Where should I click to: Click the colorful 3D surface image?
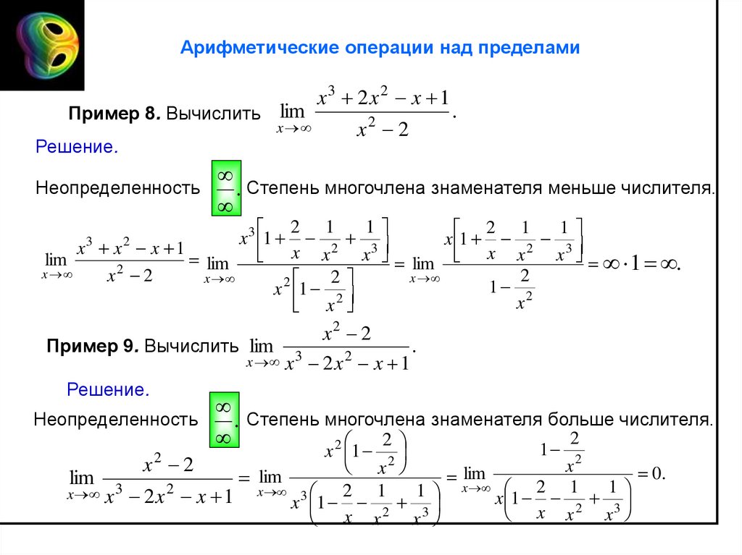[x=42, y=45]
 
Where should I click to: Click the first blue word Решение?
[x=77, y=147]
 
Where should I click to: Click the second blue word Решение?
[x=108, y=390]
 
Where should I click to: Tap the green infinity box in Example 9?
[x=224, y=420]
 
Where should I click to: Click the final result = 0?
[x=650, y=474]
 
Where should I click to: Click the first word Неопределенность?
[x=117, y=189]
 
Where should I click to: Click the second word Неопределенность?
[x=116, y=419]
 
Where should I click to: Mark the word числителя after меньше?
[x=667, y=189]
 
